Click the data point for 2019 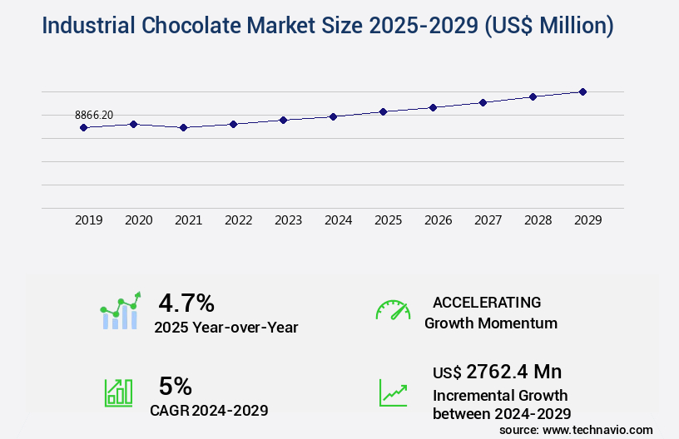(x=83, y=127)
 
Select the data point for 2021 (x=183, y=127)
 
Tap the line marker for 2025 (x=383, y=111)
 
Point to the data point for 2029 (x=582, y=91)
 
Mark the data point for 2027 (x=483, y=102)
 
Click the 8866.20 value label (x=94, y=115)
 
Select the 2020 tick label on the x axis (x=138, y=220)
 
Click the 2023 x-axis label (x=288, y=220)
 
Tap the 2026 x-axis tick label (x=438, y=220)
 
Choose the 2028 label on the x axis (x=538, y=220)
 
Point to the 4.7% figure (x=186, y=302)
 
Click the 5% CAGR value (x=176, y=386)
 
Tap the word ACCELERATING (x=487, y=302)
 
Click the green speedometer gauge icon (x=393, y=310)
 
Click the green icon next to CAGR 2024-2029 (x=117, y=392)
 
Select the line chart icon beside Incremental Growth (x=393, y=392)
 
